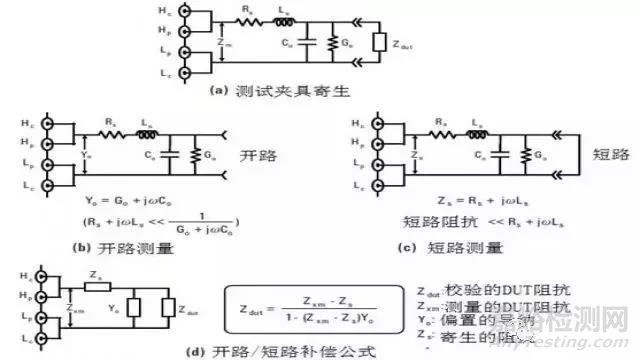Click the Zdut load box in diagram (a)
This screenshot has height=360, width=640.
click(x=377, y=43)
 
